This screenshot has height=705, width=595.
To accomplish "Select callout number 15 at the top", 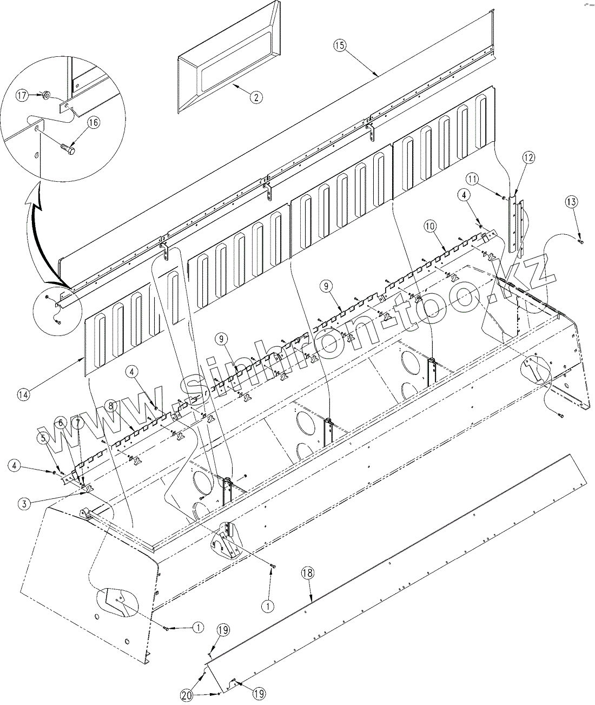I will (x=339, y=45).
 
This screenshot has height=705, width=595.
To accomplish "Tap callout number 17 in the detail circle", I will (x=22, y=96).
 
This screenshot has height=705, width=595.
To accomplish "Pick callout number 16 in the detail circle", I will (x=93, y=123).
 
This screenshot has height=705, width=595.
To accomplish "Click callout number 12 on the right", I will (x=528, y=157).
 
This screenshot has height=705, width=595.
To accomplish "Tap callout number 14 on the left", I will (x=23, y=394).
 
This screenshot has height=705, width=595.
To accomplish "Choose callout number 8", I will (x=110, y=405).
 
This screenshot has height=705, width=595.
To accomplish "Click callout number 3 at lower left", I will (x=23, y=503).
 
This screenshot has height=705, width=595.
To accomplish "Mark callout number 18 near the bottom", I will (x=307, y=574).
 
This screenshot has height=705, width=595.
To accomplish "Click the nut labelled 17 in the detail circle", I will (x=47, y=96).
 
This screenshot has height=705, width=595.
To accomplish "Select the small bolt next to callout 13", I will (x=581, y=241).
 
